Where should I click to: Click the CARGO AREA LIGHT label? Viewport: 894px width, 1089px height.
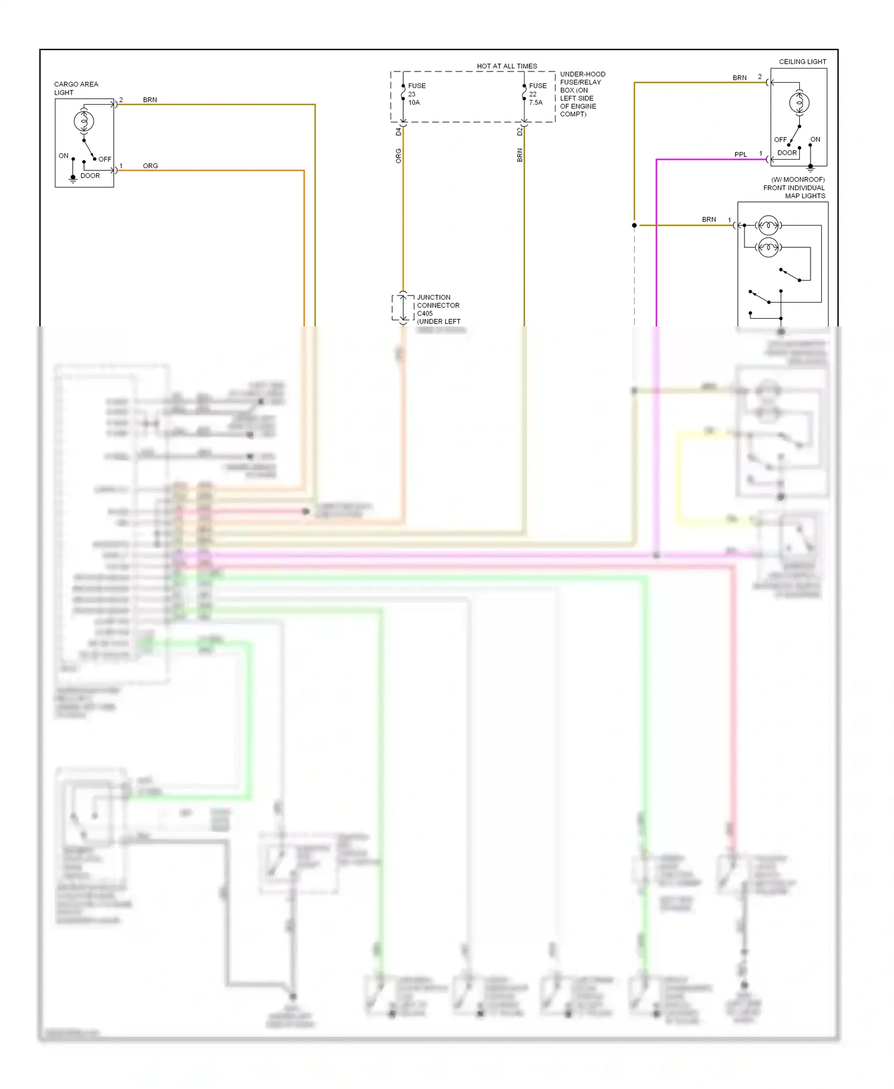pos(76,88)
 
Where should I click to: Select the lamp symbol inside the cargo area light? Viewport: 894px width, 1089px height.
pos(84,122)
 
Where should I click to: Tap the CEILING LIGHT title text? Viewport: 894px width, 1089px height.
pos(802,61)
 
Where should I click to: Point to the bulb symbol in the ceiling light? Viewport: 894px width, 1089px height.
pos(799,103)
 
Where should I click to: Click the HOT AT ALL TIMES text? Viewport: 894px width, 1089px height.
pos(507,66)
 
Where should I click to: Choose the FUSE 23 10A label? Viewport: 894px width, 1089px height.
pos(416,94)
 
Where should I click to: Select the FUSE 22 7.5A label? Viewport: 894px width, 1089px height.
pos(537,94)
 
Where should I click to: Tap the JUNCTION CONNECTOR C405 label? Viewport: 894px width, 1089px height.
pos(438,306)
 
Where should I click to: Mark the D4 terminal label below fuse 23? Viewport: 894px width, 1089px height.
pos(399,132)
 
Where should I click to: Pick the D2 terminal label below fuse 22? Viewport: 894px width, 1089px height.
pos(520,132)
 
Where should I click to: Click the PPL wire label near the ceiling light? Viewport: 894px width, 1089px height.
pos(740,154)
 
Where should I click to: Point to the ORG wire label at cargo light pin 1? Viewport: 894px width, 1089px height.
pos(150,166)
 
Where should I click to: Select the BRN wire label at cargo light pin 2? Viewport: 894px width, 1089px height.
pos(150,99)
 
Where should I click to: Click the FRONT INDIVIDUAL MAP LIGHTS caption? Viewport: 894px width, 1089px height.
pos(795,188)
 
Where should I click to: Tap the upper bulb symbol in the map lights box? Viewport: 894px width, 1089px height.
pos(768,225)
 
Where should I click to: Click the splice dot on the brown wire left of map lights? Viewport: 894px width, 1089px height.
pos(634,225)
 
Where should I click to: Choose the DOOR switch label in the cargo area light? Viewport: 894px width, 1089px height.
pos(90,176)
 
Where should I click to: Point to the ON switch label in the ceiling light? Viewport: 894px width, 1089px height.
pos(815,139)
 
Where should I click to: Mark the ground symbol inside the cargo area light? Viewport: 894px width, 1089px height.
pos(73,179)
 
